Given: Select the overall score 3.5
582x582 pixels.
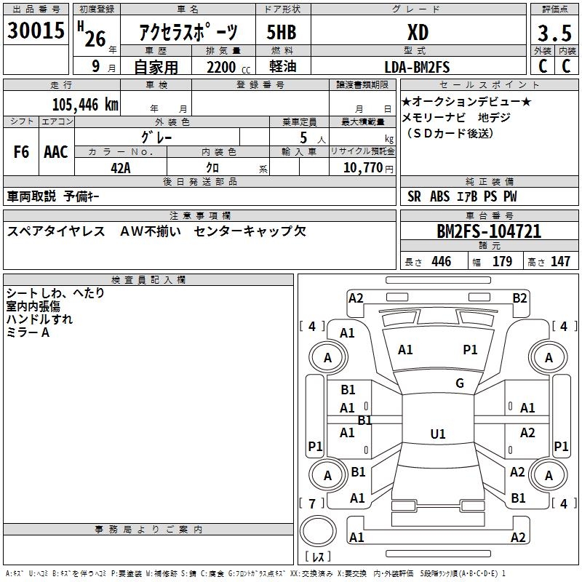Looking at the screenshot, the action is pyautogui.click(x=554, y=33).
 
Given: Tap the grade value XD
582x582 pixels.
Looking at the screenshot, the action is pyautogui.click(x=418, y=33).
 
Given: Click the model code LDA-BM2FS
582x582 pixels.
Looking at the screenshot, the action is pyautogui.click(x=417, y=67).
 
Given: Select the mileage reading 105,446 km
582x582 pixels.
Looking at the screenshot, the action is pyautogui.click(x=85, y=104).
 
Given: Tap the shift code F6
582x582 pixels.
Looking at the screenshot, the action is pyautogui.click(x=21, y=152).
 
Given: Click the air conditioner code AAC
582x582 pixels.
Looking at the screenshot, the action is pyautogui.click(x=56, y=152).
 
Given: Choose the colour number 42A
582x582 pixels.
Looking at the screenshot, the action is pyautogui.click(x=121, y=167).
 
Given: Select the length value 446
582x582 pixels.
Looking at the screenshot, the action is pyautogui.click(x=441, y=262).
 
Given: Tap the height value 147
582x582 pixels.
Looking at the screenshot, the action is pyautogui.click(x=560, y=262).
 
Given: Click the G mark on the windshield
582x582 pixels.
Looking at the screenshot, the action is pyautogui.click(x=459, y=383).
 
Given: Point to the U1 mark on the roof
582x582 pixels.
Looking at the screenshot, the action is pyautogui.click(x=437, y=434).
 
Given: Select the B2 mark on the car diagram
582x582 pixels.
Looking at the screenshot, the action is pyautogui.click(x=519, y=298).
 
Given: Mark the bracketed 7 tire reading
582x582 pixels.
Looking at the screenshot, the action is pyautogui.click(x=312, y=503).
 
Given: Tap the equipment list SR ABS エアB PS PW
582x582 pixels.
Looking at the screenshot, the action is pyautogui.click(x=462, y=196).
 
